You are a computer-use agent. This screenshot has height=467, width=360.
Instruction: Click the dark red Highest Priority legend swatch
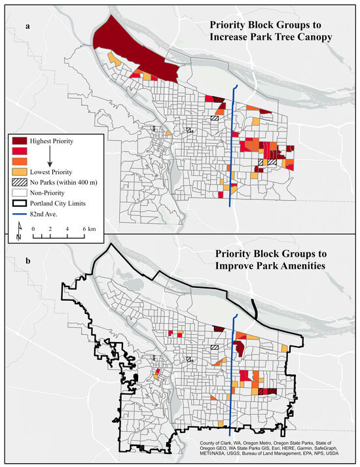[19, 141]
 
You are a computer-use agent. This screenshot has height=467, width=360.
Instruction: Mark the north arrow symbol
[19, 226]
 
